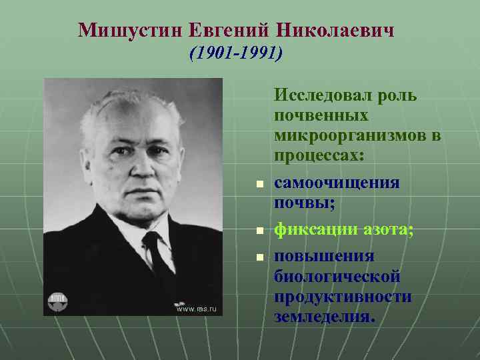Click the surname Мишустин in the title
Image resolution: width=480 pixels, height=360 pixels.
click(129, 30)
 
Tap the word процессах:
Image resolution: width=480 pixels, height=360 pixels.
click(319, 157)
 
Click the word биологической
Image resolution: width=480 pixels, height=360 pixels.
click(337, 276)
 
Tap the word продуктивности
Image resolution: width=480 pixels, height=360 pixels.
click(342, 297)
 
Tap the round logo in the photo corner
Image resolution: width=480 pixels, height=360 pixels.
click(58, 301)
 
